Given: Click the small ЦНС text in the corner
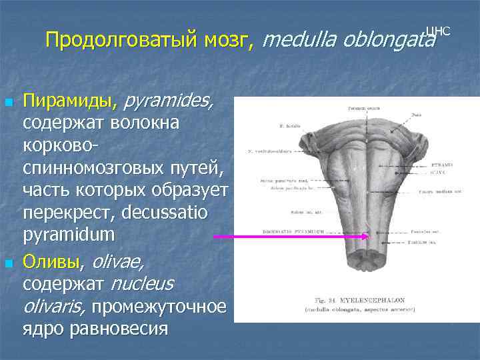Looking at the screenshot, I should point(438,31).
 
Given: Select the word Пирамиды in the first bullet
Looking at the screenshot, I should point(67,102).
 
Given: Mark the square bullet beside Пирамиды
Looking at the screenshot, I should point(8,103).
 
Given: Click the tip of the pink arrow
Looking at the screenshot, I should point(369,236).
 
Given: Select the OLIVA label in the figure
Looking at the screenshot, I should point(441,171).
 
